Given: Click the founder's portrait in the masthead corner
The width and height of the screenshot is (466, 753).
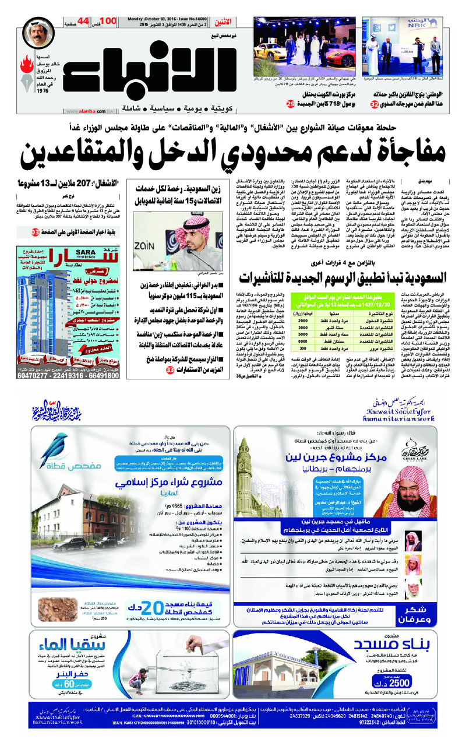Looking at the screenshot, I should pyautogui.click(x=39, y=36).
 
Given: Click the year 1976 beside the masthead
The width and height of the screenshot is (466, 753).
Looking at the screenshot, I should pyautogui.click(x=42, y=92).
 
